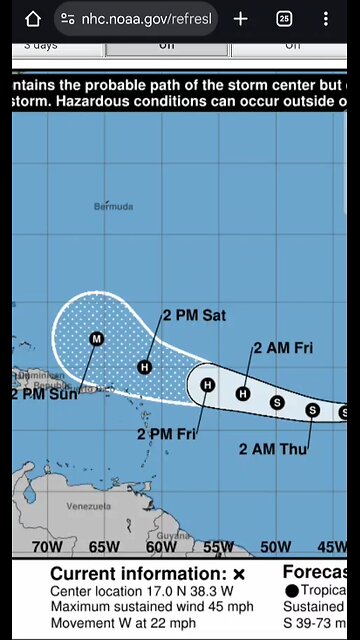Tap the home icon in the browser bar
point(32,19)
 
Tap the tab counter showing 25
point(284,19)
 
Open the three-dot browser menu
point(326,19)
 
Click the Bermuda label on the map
point(113,206)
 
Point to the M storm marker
point(97,339)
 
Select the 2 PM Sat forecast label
point(194,315)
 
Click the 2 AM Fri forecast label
point(283,348)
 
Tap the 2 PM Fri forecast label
point(166,433)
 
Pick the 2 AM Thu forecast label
point(272,449)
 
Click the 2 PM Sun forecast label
point(44,394)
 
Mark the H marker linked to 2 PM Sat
point(145,367)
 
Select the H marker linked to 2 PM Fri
point(208,385)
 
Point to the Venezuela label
point(88,506)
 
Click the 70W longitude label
point(47,547)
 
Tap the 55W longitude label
point(218,547)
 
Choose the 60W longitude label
point(161,547)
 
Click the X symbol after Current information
point(239,574)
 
